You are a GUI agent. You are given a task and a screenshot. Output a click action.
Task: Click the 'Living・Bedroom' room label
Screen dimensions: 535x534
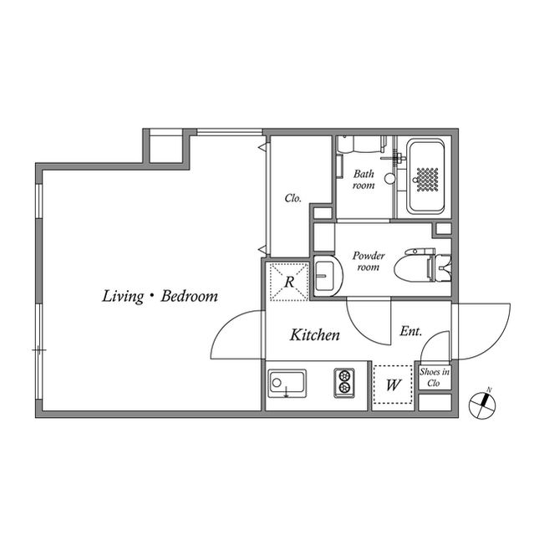(x=160, y=296)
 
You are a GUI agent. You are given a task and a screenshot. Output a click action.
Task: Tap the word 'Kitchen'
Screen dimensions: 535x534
(x=314, y=336)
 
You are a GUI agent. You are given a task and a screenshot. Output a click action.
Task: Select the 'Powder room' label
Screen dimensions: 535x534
(x=368, y=261)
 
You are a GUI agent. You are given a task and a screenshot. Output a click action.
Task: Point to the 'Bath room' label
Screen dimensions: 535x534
(x=364, y=179)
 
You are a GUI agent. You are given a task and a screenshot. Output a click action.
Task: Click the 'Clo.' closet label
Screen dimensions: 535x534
(x=292, y=199)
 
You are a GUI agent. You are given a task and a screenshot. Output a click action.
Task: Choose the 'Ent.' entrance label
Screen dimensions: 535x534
(x=410, y=332)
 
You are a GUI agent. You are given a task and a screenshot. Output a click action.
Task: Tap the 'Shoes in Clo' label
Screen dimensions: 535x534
(x=434, y=377)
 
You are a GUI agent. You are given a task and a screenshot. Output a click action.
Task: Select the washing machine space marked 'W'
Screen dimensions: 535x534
(x=393, y=385)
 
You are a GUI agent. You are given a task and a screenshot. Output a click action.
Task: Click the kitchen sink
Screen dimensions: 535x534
(x=287, y=385)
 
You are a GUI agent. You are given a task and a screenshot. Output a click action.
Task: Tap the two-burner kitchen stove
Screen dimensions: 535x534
(x=345, y=383)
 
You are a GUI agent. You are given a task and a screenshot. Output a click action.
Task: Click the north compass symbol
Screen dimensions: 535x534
(x=482, y=405)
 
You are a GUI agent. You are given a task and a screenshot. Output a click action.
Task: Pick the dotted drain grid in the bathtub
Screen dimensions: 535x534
(x=427, y=179)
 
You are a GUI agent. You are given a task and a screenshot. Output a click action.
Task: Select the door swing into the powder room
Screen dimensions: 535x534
(x=368, y=322)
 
